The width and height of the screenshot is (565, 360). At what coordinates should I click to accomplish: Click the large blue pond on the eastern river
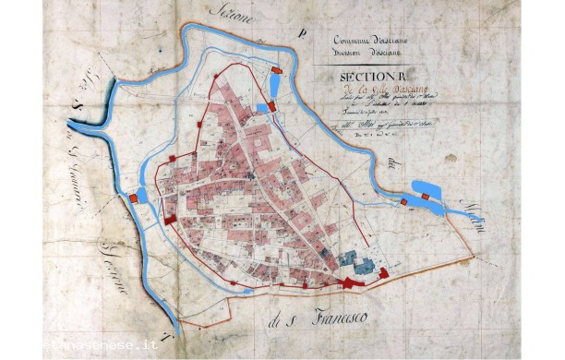(427, 193)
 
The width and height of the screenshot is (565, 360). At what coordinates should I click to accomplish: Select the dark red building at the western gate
(173, 218)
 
